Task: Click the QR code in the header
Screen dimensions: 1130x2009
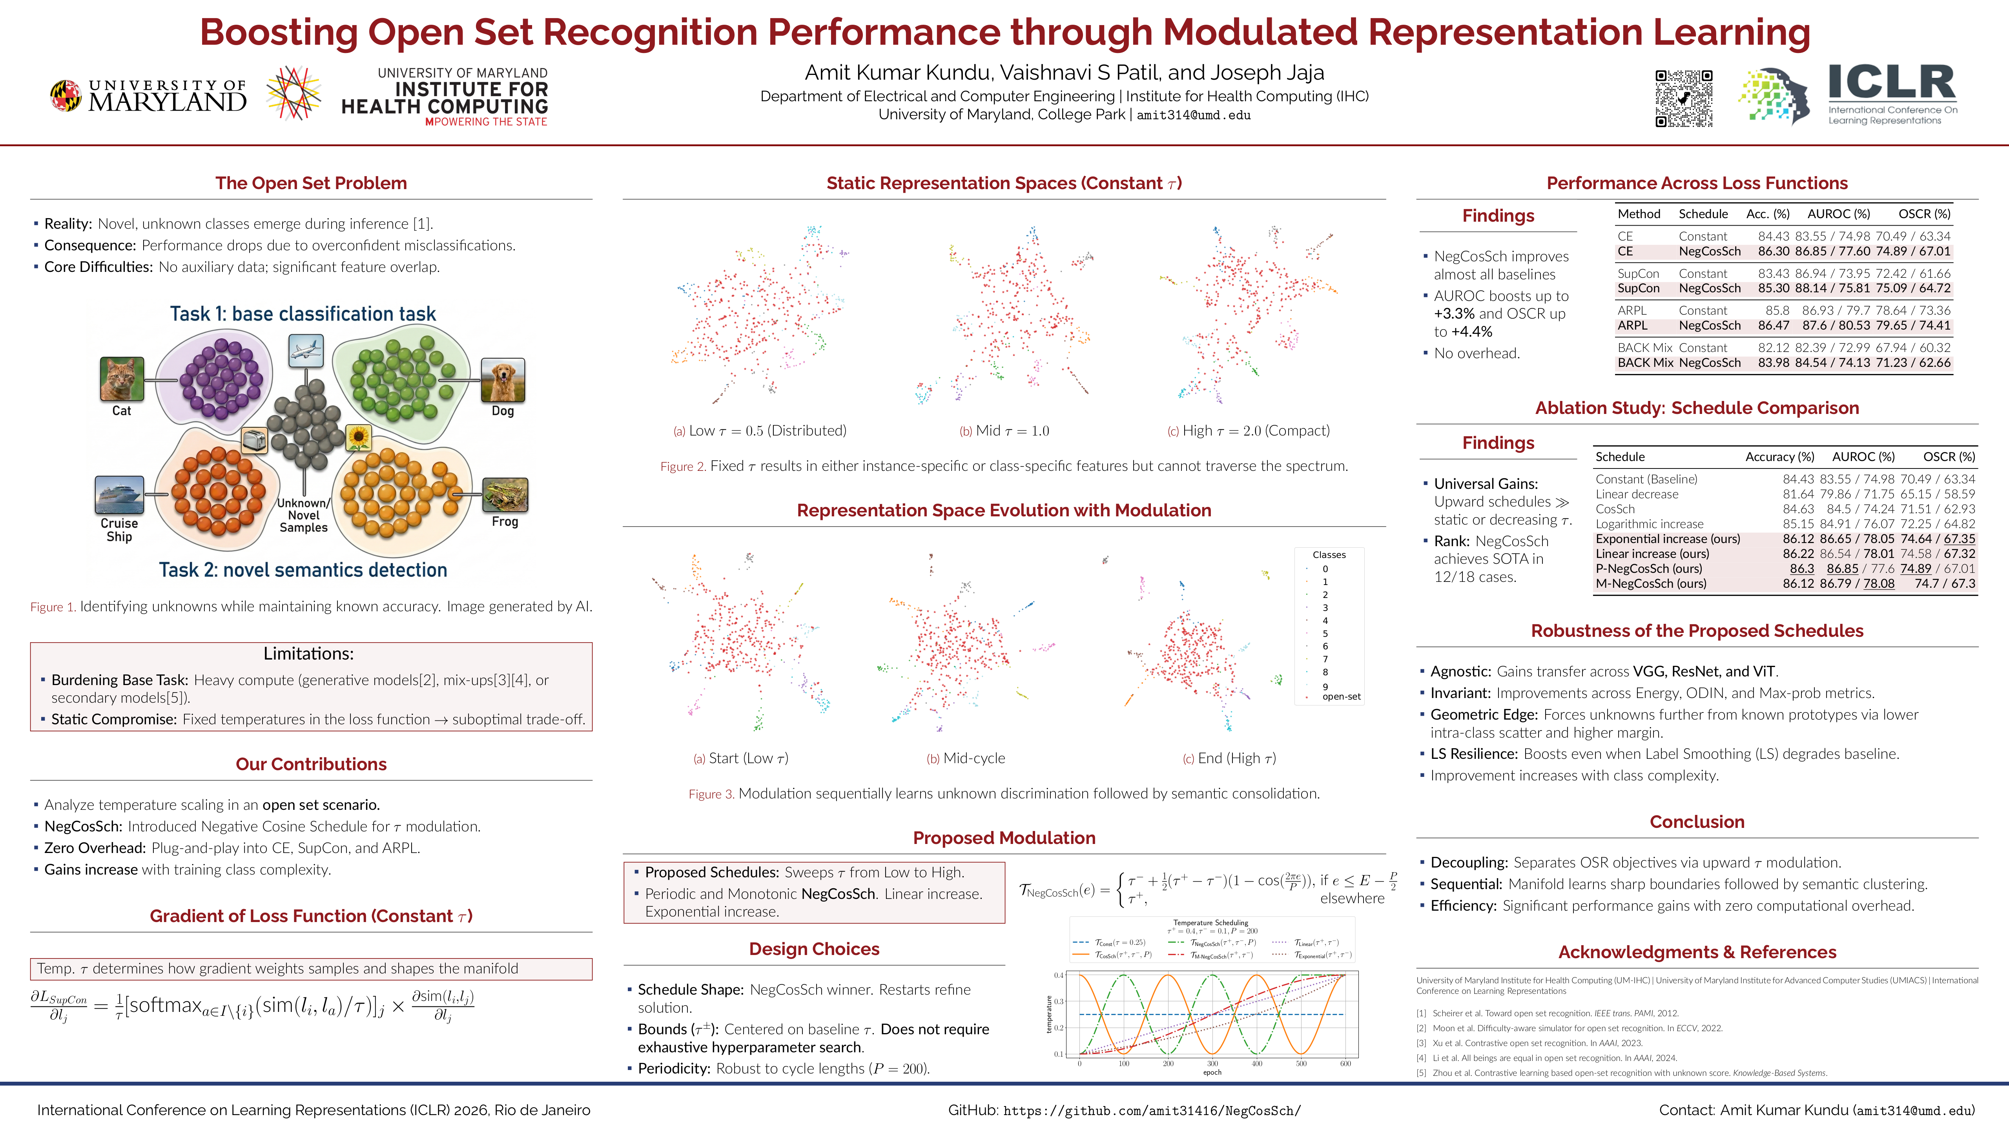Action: [x=1684, y=98]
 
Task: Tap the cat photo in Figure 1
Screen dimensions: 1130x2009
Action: [x=122, y=379]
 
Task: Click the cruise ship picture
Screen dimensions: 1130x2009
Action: [x=119, y=494]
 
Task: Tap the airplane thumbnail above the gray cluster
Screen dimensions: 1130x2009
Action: [x=306, y=350]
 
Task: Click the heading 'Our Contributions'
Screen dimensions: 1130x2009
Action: [x=311, y=764]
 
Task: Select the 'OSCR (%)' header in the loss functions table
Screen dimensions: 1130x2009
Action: [x=1924, y=214]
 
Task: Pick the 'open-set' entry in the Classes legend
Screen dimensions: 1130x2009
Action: [x=1341, y=696]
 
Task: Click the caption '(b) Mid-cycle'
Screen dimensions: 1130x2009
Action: [x=966, y=758]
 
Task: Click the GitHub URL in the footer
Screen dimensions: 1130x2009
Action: [x=1152, y=1110]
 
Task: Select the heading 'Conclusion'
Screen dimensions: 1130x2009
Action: [x=1697, y=822]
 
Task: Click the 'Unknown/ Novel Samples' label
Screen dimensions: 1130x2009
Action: [x=303, y=516]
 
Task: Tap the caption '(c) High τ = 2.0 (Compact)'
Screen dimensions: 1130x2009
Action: [x=1248, y=430]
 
